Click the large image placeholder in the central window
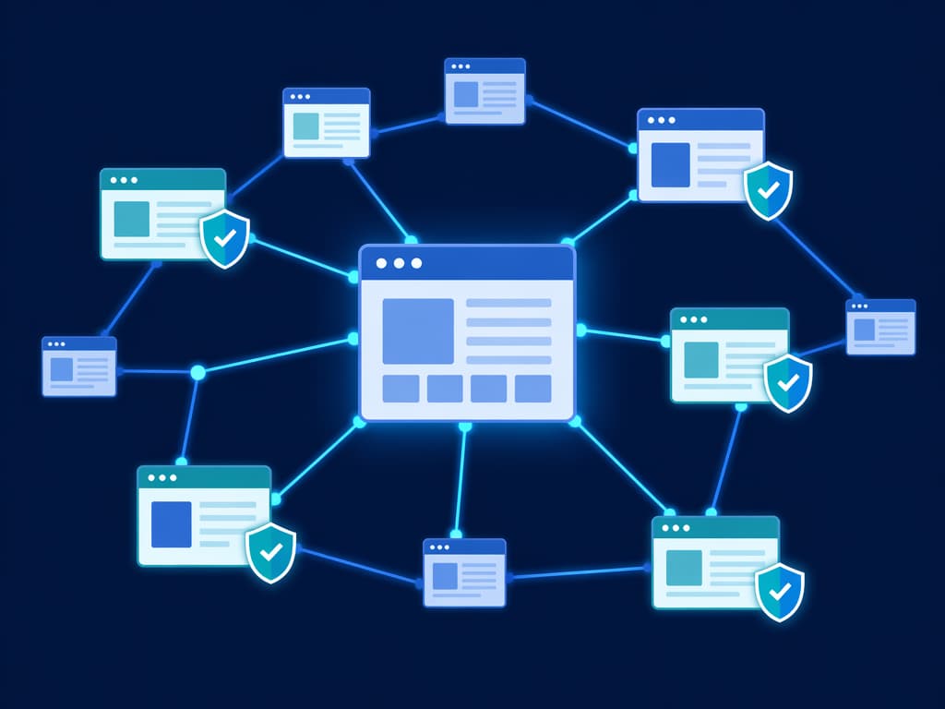point(418,330)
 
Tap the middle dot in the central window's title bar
point(399,263)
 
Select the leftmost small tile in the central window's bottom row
point(401,389)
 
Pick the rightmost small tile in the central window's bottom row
point(532,389)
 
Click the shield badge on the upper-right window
point(768,191)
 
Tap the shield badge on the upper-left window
point(225,238)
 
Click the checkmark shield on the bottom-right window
point(780,592)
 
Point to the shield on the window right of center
point(788,382)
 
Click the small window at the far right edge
point(880,327)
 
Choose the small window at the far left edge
point(79,367)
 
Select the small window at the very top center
point(484,91)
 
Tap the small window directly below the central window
point(464,572)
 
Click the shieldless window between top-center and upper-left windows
point(326,123)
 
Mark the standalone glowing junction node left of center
point(197,372)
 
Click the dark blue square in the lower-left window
point(171,524)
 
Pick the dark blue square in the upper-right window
point(671,165)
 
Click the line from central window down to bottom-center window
point(461,480)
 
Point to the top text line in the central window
point(508,303)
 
